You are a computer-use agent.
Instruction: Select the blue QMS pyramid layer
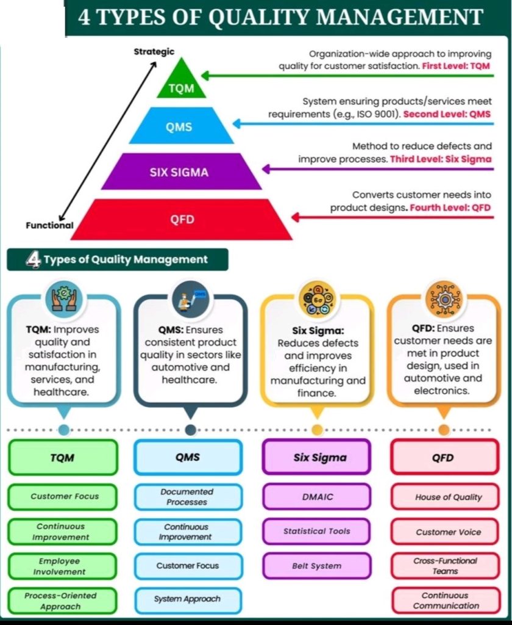click(181, 126)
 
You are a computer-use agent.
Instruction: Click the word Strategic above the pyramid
click(154, 52)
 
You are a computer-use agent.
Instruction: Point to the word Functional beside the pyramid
click(49, 225)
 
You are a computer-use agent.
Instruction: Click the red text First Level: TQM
click(456, 65)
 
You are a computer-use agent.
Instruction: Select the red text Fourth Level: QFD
click(450, 208)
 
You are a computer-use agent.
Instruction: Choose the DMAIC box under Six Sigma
click(317, 496)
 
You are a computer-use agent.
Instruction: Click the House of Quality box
click(447, 497)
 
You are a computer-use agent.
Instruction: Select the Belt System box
click(317, 566)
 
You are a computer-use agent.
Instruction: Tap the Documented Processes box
click(187, 496)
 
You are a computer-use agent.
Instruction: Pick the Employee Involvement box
click(62, 566)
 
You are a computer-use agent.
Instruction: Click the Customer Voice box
click(447, 532)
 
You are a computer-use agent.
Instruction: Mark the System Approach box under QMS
click(187, 599)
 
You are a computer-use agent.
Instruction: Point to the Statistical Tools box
click(317, 531)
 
